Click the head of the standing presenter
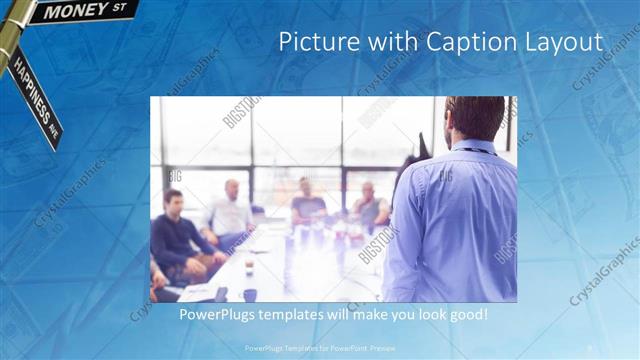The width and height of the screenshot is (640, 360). coord(475,117)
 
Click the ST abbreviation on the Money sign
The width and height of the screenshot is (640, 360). coord(120,7)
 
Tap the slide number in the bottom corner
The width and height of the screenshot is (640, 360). coord(590,347)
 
